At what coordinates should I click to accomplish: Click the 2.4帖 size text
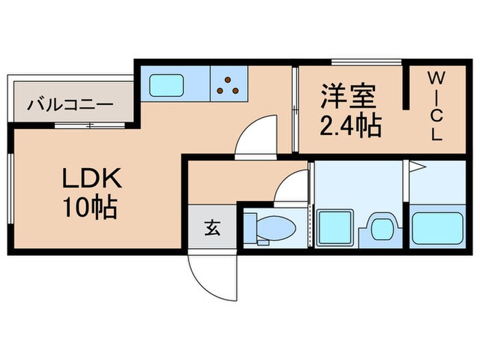[x=350, y=126]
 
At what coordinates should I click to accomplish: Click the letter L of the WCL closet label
[x=435, y=134]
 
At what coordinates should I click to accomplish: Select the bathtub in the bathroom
[x=439, y=226]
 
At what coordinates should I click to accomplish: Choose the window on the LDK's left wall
[x=10, y=189]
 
